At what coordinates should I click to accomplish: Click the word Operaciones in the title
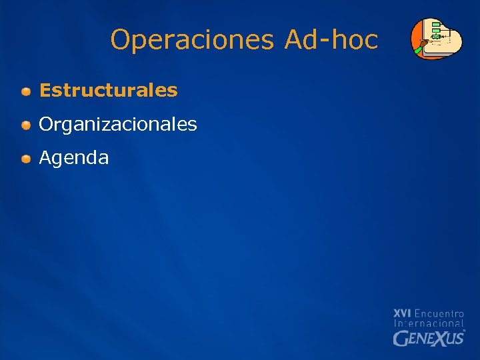point(192,40)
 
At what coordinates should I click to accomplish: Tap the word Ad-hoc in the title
point(331,40)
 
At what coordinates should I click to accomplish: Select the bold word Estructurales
point(108,91)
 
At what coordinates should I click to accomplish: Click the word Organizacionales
point(118,125)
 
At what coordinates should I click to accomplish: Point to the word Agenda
point(74,158)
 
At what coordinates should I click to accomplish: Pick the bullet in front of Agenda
point(25,159)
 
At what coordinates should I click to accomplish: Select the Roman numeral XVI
point(402,313)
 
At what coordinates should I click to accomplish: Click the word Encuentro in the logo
point(439,313)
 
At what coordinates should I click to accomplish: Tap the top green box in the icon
point(436,25)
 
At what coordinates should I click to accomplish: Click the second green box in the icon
point(436,31)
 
